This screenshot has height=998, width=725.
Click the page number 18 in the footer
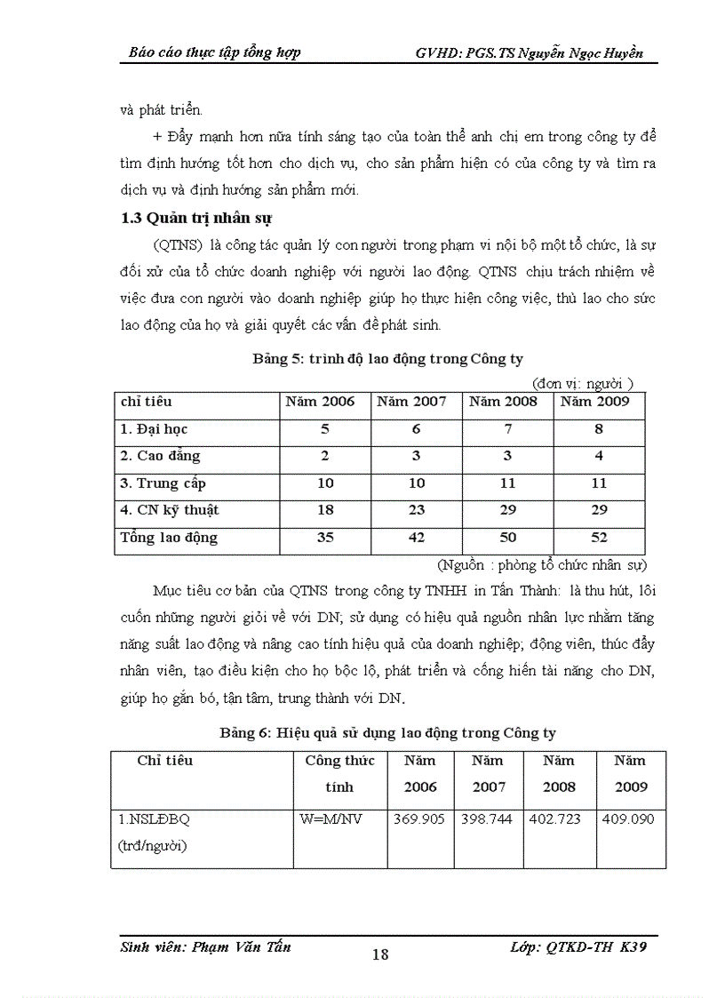pyautogui.click(x=379, y=954)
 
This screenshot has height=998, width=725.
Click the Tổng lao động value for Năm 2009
pyautogui.click(x=599, y=538)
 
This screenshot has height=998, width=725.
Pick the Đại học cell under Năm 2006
pyautogui.click(x=324, y=429)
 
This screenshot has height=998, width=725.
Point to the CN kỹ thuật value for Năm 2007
pyautogui.click(x=416, y=510)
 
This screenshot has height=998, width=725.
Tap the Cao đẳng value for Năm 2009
pyautogui.click(x=599, y=456)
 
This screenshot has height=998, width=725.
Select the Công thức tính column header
pyautogui.click(x=339, y=773)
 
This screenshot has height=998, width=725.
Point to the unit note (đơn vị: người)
pyautogui.click(x=582, y=383)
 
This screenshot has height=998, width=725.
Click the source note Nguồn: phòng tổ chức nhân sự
pyautogui.click(x=542, y=564)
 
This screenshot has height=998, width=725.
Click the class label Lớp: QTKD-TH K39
pyautogui.click(x=578, y=947)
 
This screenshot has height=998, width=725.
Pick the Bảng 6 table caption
pyautogui.click(x=387, y=732)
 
